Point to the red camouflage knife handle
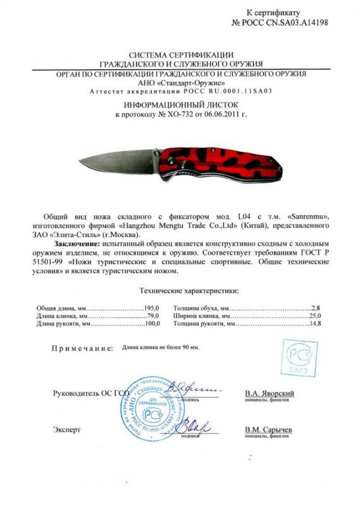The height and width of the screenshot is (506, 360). pos(228,161)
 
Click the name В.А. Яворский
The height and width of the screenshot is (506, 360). pos(270,393)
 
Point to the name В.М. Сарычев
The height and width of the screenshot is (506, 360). pos(269,429)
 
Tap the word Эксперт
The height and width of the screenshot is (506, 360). pos(67,429)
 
